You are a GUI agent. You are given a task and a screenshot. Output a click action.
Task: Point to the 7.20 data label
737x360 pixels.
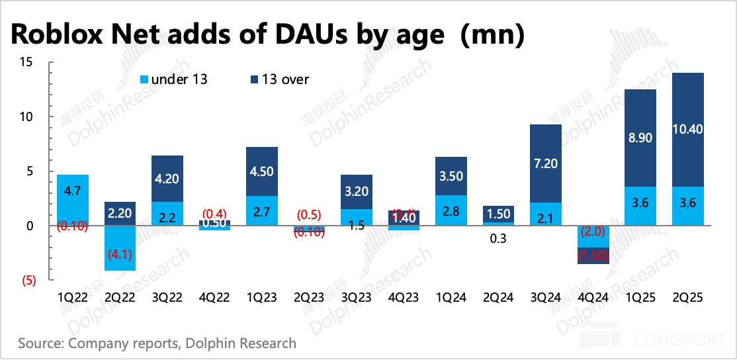(x=546, y=163)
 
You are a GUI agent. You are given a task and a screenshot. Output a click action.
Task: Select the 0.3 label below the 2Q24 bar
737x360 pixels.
(x=498, y=239)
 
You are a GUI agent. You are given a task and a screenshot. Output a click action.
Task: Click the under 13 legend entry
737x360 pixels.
(x=173, y=79)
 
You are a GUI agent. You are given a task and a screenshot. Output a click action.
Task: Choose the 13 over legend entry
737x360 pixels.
(x=281, y=79)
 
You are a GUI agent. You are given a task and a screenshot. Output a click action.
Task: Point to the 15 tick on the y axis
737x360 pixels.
(x=26, y=62)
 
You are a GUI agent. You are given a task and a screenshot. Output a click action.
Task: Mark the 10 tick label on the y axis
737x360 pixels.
(x=26, y=116)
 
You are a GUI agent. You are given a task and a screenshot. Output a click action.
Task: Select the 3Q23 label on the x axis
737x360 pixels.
(x=356, y=298)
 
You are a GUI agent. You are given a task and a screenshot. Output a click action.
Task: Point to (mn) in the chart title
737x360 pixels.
(x=492, y=34)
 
